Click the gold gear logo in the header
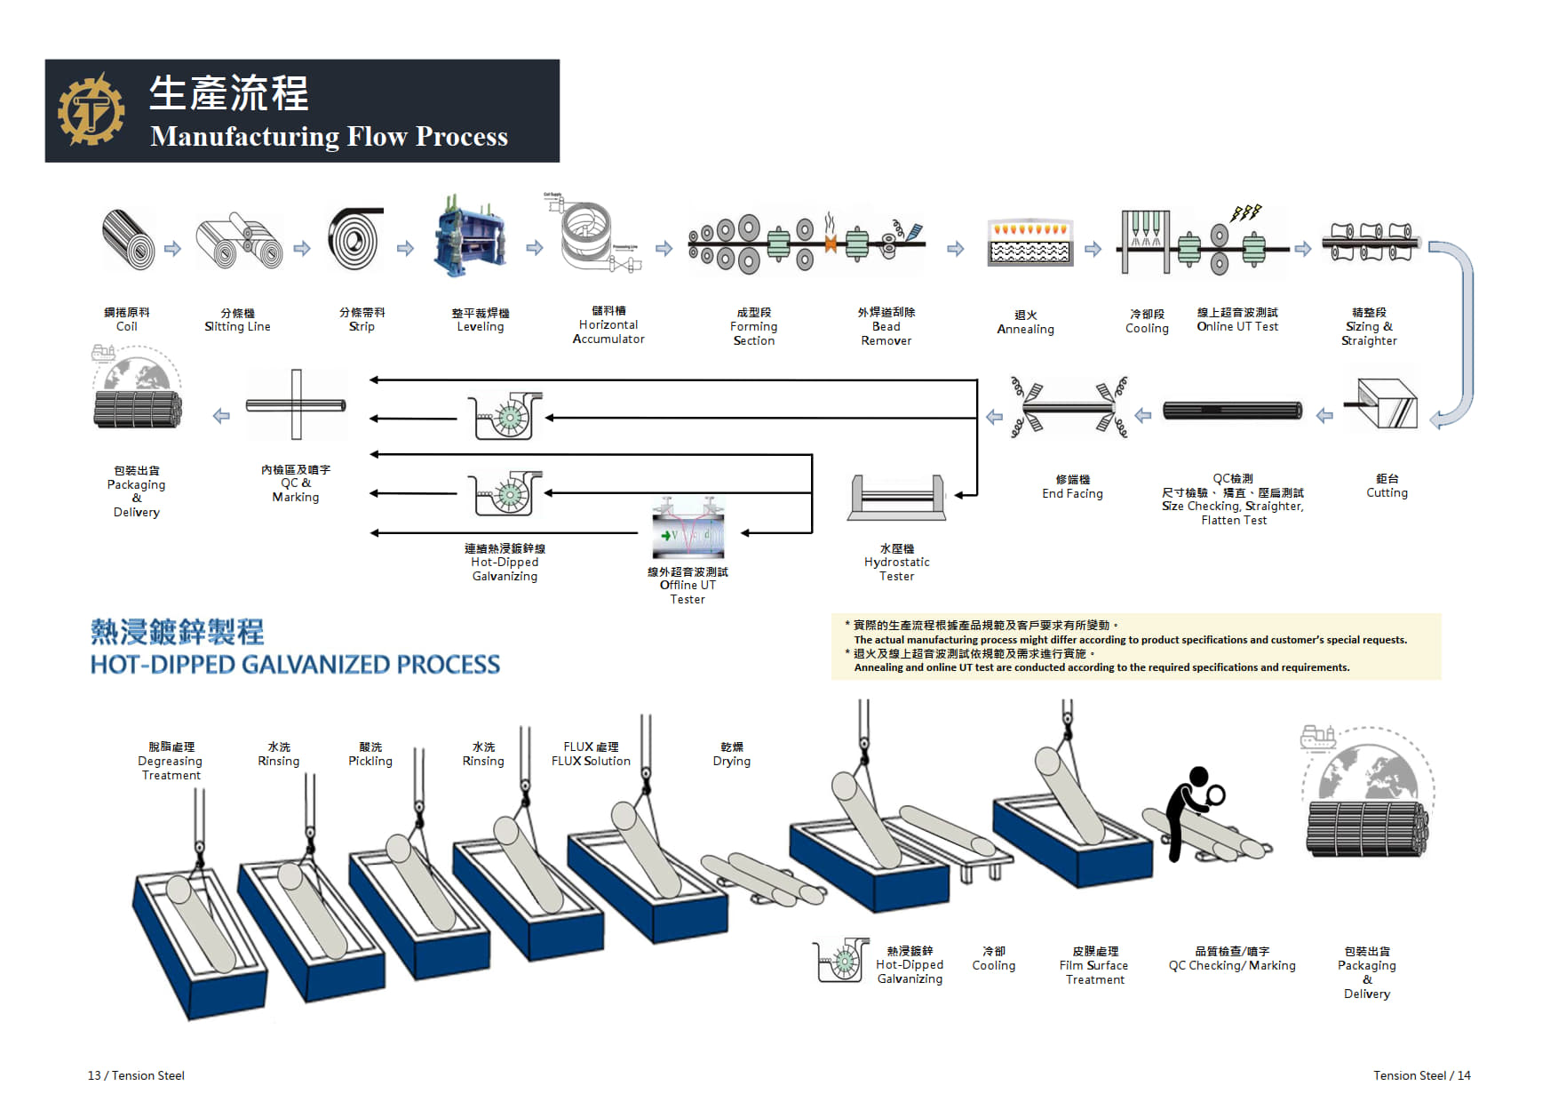pos(91,110)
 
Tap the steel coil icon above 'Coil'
pos(129,239)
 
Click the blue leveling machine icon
pos(470,237)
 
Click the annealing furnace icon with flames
pos(1030,242)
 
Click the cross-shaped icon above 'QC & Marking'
pos(296,405)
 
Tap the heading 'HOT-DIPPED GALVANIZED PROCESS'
pos(295,665)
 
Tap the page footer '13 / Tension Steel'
pos(136,1075)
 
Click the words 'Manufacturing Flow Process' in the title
pos(329,136)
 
